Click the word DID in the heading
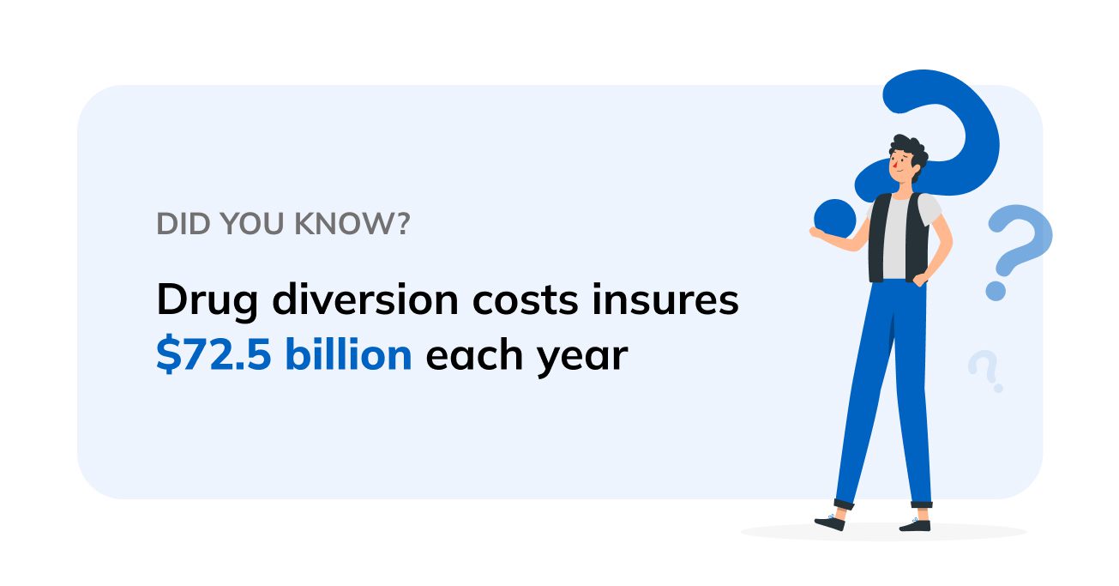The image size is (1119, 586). click(x=177, y=224)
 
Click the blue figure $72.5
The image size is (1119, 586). click(x=213, y=354)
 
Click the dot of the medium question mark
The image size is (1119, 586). click(x=995, y=291)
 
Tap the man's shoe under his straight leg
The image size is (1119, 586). click(x=915, y=523)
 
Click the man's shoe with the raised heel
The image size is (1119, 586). click(x=831, y=521)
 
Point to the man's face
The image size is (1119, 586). click(x=901, y=168)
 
